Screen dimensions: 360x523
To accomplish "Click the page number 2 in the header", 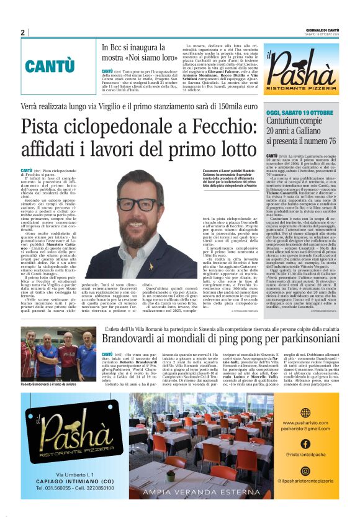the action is pyautogui.click(x=23, y=32).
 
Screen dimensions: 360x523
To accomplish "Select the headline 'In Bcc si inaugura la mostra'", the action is pyautogui.click(x=140, y=53).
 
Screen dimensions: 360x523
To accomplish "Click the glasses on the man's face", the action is pyautogui.click(x=138, y=204).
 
